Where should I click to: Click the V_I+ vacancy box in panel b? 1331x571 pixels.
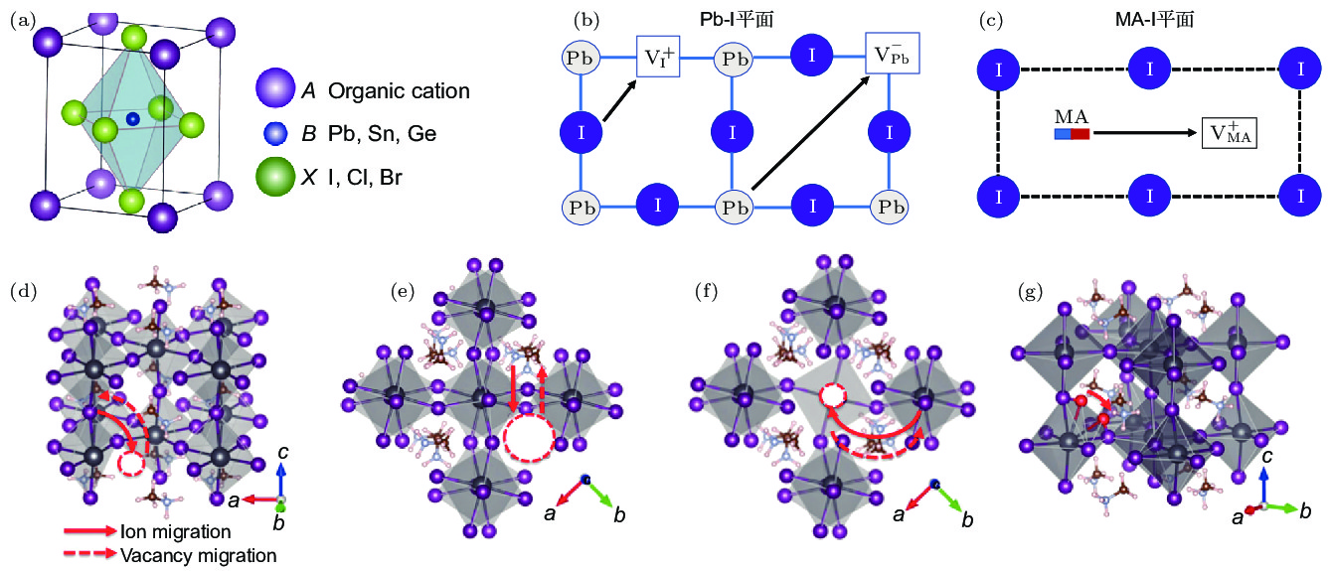click(657, 56)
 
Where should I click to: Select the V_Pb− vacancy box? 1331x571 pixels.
click(892, 56)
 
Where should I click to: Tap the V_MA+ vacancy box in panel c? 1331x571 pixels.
click(1230, 132)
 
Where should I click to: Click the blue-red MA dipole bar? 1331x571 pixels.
click(1072, 132)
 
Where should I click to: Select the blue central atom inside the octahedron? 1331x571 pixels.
click(132, 119)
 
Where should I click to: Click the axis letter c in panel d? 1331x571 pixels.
click(283, 453)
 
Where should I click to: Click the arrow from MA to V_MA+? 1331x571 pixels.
click(1143, 132)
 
